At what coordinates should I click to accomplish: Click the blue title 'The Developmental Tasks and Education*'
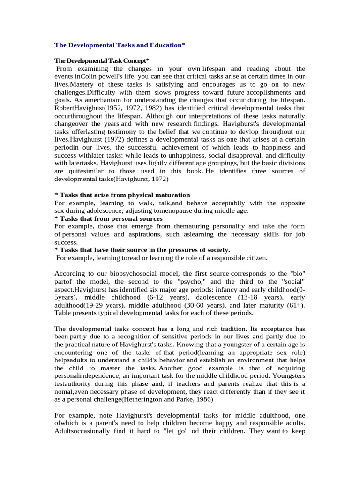tap(120, 45)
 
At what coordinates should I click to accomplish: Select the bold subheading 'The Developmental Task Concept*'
tap(102, 61)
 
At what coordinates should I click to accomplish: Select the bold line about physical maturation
tap(122, 195)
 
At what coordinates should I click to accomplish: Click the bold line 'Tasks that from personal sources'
tap(109, 219)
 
